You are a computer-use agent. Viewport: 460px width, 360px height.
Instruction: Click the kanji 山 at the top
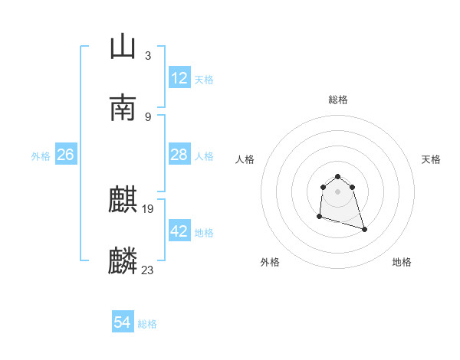click(x=123, y=47)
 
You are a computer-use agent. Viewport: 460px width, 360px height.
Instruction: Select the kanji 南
click(x=123, y=107)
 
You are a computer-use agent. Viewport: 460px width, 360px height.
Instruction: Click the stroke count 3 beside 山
click(x=147, y=56)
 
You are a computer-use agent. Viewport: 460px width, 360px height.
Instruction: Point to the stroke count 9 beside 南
click(x=147, y=116)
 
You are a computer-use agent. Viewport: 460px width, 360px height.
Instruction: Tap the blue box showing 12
click(x=179, y=78)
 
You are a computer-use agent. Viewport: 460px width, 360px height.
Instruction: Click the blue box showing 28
click(x=179, y=155)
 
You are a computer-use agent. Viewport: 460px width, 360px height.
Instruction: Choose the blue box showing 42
click(x=179, y=231)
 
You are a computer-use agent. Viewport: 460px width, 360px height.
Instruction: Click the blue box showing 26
click(x=65, y=155)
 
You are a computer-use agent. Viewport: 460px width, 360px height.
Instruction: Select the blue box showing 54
click(x=123, y=323)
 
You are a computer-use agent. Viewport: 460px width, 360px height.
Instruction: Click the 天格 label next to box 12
click(x=204, y=79)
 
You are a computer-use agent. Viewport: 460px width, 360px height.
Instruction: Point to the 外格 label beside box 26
click(x=41, y=155)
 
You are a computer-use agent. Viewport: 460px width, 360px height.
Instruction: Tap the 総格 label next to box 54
click(x=147, y=324)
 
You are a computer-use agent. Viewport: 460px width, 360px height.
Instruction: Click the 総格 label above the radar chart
click(x=338, y=100)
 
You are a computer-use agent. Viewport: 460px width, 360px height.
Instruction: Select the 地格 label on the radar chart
click(x=402, y=262)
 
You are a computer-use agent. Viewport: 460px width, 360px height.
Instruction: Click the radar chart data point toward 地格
click(x=364, y=229)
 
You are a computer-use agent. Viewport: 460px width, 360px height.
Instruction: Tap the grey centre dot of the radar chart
click(x=338, y=191)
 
